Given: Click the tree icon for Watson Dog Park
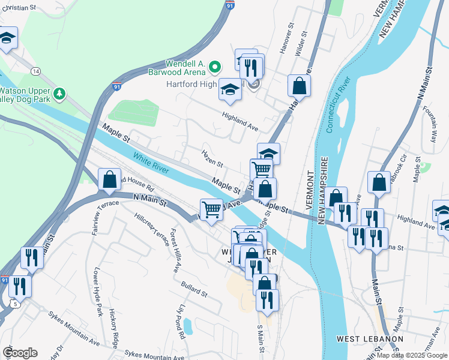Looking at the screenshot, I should tap(59, 94).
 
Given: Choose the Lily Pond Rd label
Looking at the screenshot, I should tap(182, 324).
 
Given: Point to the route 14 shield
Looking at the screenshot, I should tap(36, 71).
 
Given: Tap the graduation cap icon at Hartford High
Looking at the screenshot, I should tap(230, 90).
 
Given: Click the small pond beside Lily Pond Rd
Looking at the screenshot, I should tap(187, 326).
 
